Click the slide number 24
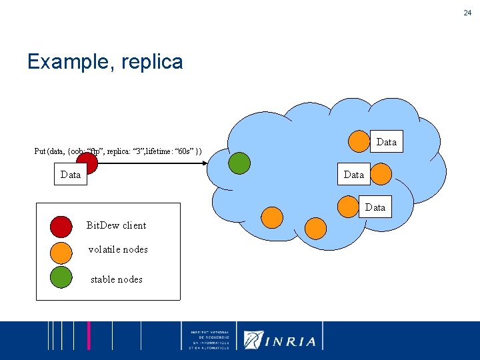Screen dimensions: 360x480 468,12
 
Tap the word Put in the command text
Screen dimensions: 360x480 40,151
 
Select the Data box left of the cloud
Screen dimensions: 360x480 70,175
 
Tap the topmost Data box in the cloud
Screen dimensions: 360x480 387,142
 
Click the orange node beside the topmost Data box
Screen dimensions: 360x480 361,140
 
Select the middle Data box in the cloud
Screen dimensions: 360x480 353,175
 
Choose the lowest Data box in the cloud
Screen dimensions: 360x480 375,207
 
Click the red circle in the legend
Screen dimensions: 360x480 61,227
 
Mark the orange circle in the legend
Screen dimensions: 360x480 61,252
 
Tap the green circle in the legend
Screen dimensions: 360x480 61,277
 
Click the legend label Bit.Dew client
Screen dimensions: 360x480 116,225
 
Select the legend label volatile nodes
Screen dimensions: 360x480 118,249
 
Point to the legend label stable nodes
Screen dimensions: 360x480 117,279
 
